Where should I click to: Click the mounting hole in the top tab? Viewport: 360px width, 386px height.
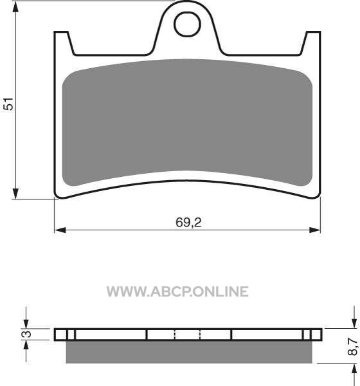click(x=187, y=24)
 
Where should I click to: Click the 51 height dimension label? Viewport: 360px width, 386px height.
click(x=8, y=104)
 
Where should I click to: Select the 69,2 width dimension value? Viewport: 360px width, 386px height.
click(x=188, y=223)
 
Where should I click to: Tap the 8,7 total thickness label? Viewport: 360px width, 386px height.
click(x=353, y=346)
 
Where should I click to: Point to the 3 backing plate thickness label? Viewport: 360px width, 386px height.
click(x=26, y=334)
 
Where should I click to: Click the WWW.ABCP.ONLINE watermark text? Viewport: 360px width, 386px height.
click(x=177, y=291)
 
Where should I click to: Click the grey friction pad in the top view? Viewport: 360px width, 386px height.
click(x=187, y=122)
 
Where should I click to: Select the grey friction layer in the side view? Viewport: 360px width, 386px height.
click(x=189, y=352)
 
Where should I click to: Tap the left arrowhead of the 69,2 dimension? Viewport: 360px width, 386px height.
click(x=60, y=230)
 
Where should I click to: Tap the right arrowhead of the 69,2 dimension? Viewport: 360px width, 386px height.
click(x=315, y=230)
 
